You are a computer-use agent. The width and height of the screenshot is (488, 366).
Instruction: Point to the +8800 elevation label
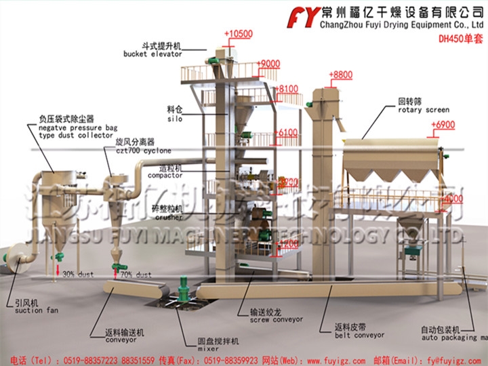pos(340,75)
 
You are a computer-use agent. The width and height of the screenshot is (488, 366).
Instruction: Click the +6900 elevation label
pos(442,125)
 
